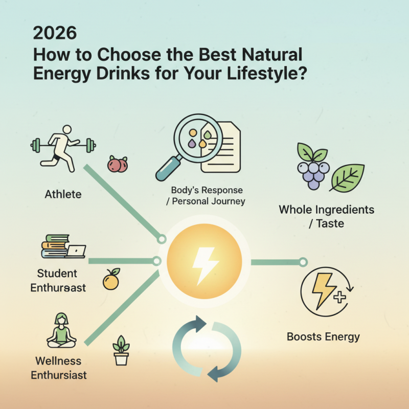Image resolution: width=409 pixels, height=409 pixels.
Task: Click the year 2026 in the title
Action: click(55, 33)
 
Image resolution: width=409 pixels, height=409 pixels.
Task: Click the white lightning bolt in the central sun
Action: click(204, 262)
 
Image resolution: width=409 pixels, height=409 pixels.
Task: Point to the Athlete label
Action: click(63, 194)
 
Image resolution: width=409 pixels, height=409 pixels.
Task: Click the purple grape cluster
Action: click(311, 169)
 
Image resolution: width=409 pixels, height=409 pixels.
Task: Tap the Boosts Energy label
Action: click(323, 336)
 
